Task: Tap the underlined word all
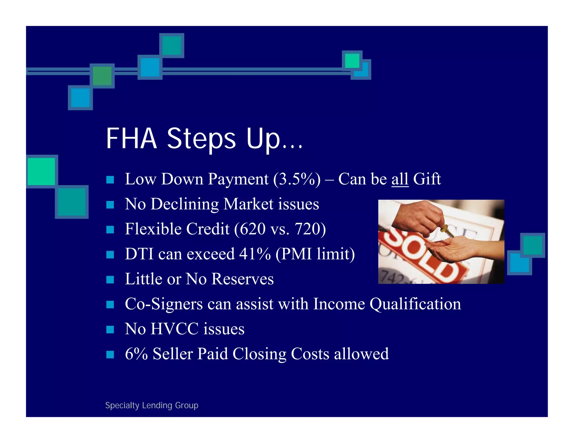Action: pyautogui.click(x=400, y=179)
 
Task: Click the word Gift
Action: pyautogui.click(x=427, y=179)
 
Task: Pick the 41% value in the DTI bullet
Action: pyautogui.click(x=255, y=254)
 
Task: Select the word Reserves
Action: pyautogui.click(x=242, y=279)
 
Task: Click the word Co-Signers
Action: pyautogui.click(x=164, y=304)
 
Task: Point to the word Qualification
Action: pyautogui.click(x=415, y=304)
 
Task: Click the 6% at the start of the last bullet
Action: pyautogui.click(x=136, y=354)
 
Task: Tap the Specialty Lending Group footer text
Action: pyautogui.click(x=152, y=405)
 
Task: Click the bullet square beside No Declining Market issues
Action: pyautogui.click(x=110, y=205)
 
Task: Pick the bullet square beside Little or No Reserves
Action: pyautogui.click(x=110, y=279)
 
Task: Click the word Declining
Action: pyautogui.click(x=184, y=204)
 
